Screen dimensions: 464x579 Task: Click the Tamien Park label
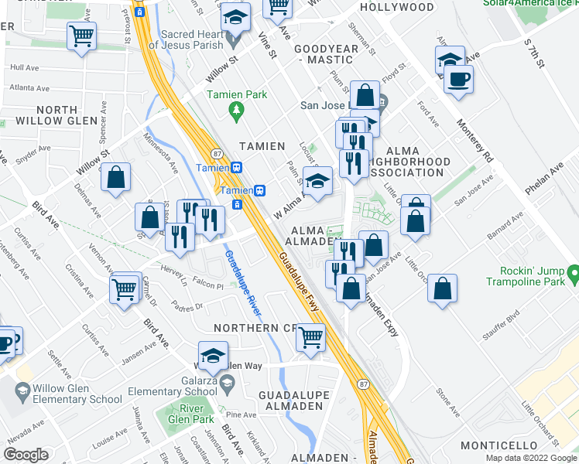click(x=237, y=95)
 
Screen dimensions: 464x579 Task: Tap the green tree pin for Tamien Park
click(x=237, y=113)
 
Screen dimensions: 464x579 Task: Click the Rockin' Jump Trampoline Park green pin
click(x=573, y=273)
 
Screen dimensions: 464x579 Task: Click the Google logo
click(x=26, y=455)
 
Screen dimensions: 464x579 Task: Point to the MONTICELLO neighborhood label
click(x=498, y=445)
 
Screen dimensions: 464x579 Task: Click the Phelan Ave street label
click(x=556, y=181)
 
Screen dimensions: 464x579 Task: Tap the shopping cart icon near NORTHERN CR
click(x=310, y=337)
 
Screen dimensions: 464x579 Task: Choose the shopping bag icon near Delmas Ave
click(x=115, y=177)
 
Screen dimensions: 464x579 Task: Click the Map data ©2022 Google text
click(x=530, y=458)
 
